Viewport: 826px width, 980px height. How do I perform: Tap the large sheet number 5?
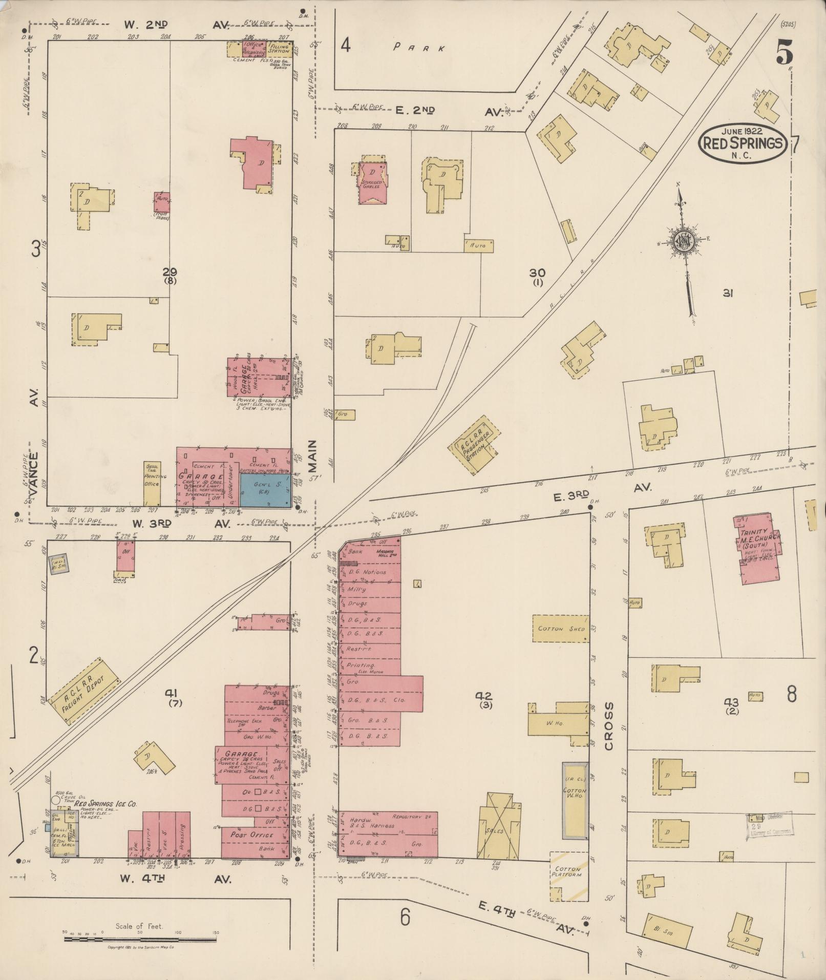(x=785, y=52)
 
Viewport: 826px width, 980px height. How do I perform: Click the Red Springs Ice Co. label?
(x=109, y=805)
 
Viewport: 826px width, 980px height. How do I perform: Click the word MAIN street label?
(x=312, y=459)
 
